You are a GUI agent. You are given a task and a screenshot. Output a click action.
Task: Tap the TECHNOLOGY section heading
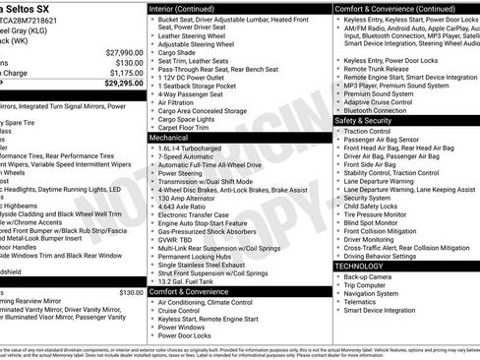click(362, 267)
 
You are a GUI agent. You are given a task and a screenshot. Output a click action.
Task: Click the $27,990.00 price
click(119, 52)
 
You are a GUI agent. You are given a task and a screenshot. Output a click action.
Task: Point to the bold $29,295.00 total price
click(118, 84)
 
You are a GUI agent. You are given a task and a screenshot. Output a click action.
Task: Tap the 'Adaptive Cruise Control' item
click(385, 102)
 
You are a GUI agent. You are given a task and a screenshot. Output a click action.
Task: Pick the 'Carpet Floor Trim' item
click(188, 128)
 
